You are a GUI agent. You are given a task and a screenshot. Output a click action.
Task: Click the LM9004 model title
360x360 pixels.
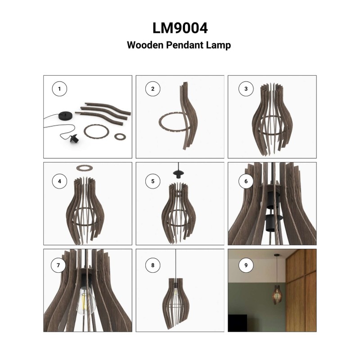pyautogui.click(x=180, y=28)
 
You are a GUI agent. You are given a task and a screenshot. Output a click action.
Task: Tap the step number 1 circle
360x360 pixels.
pyautogui.click(x=59, y=89)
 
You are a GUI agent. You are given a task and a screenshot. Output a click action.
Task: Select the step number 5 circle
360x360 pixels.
pyautogui.click(x=153, y=181)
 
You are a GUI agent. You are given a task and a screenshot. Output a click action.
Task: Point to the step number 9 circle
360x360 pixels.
pyautogui.click(x=246, y=265)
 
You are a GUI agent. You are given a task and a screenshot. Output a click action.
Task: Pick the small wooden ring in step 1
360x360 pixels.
pyautogui.click(x=120, y=137)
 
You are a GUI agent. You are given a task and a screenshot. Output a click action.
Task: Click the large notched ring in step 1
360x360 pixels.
pyautogui.click(x=96, y=131)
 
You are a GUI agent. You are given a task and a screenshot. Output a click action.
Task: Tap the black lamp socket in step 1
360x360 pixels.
pyautogui.click(x=74, y=139)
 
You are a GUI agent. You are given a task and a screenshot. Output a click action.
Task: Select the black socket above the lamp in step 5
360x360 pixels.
pyautogui.click(x=179, y=174)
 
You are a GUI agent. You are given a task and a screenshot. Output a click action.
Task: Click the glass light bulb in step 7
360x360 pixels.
pyautogui.click(x=86, y=301)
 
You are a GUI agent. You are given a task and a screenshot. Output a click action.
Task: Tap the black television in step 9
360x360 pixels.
pyautogui.click(x=238, y=323)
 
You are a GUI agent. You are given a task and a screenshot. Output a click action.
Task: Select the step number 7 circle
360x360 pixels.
pyautogui.click(x=58, y=265)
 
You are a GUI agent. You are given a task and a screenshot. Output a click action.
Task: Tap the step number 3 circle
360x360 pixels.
pyautogui.click(x=246, y=89)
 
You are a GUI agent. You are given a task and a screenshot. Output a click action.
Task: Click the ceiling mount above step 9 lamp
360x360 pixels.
pyautogui.click(x=277, y=255)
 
